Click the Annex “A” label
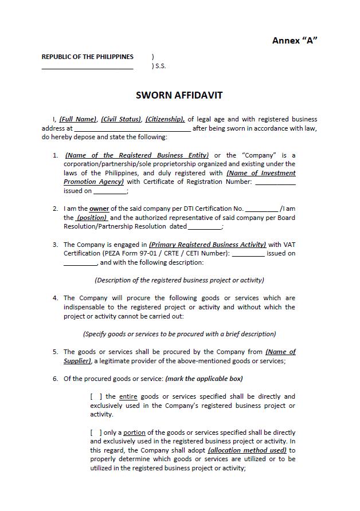point(295,40)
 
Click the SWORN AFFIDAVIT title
point(179,95)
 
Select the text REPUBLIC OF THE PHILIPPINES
point(87,57)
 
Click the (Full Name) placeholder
point(78,119)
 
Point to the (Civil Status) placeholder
point(121,119)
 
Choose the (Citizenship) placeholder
point(165,119)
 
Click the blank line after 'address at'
point(132,129)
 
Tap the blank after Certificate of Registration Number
point(275,182)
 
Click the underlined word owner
point(99,209)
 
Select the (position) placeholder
point(92,218)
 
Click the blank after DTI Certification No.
point(261,209)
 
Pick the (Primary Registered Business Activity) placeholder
point(208,245)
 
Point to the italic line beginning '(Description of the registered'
point(179,280)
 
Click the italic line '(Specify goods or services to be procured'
point(179,333)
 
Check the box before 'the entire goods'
point(96,396)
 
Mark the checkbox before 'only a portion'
point(96,433)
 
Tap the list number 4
point(55,298)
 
